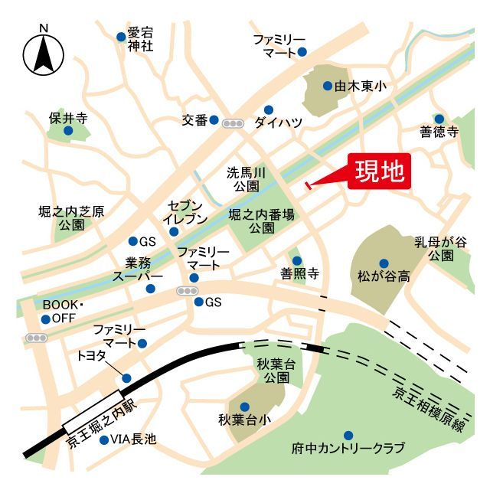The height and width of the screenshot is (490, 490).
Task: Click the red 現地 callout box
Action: click(381, 171)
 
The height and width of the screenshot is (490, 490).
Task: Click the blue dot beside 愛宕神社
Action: click(121, 36)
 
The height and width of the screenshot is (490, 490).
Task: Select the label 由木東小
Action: click(359, 87)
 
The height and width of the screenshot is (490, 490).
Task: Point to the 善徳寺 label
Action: click(439, 132)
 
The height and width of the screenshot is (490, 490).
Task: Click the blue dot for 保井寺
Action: click(68, 131)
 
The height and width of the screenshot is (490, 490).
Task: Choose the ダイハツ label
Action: click(279, 122)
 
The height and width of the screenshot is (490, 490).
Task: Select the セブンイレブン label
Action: click(186, 212)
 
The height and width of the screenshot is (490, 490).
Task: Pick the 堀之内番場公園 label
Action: click(261, 222)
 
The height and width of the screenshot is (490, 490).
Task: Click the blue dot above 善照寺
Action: click(297, 260)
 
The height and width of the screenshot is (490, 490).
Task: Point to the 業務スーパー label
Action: click(138, 269)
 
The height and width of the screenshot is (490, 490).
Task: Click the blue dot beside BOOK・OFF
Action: click(46, 319)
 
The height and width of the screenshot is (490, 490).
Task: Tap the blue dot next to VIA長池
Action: click(104, 439)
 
